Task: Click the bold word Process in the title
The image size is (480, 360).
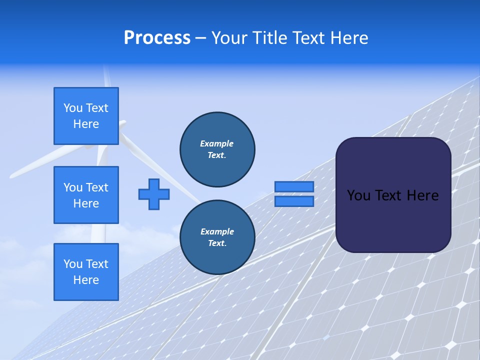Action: coord(157,38)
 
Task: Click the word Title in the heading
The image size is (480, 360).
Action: coord(271,38)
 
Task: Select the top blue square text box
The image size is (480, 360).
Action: coord(86,116)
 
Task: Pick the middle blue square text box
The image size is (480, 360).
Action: coord(86,195)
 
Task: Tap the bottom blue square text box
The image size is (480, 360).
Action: coord(86,272)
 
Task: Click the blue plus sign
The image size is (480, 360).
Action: coord(154,194)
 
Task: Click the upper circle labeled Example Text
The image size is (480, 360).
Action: coord(217,149)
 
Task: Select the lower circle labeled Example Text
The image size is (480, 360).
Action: coord(217,237)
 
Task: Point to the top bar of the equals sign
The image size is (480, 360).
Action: coord(294,186)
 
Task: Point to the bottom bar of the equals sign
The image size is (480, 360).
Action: coord(294,201)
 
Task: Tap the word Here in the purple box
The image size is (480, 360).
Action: coord(422,195)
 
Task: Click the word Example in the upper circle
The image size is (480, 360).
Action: coord(217,143)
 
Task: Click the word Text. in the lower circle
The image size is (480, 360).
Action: coord(217,243)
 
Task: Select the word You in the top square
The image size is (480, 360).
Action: coord(73,108)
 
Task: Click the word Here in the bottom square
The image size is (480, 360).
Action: coord(86,280)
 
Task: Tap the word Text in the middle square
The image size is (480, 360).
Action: coord(96,187)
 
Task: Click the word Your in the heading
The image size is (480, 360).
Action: coord(230,38)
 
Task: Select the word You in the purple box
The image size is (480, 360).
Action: coord(358,195)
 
